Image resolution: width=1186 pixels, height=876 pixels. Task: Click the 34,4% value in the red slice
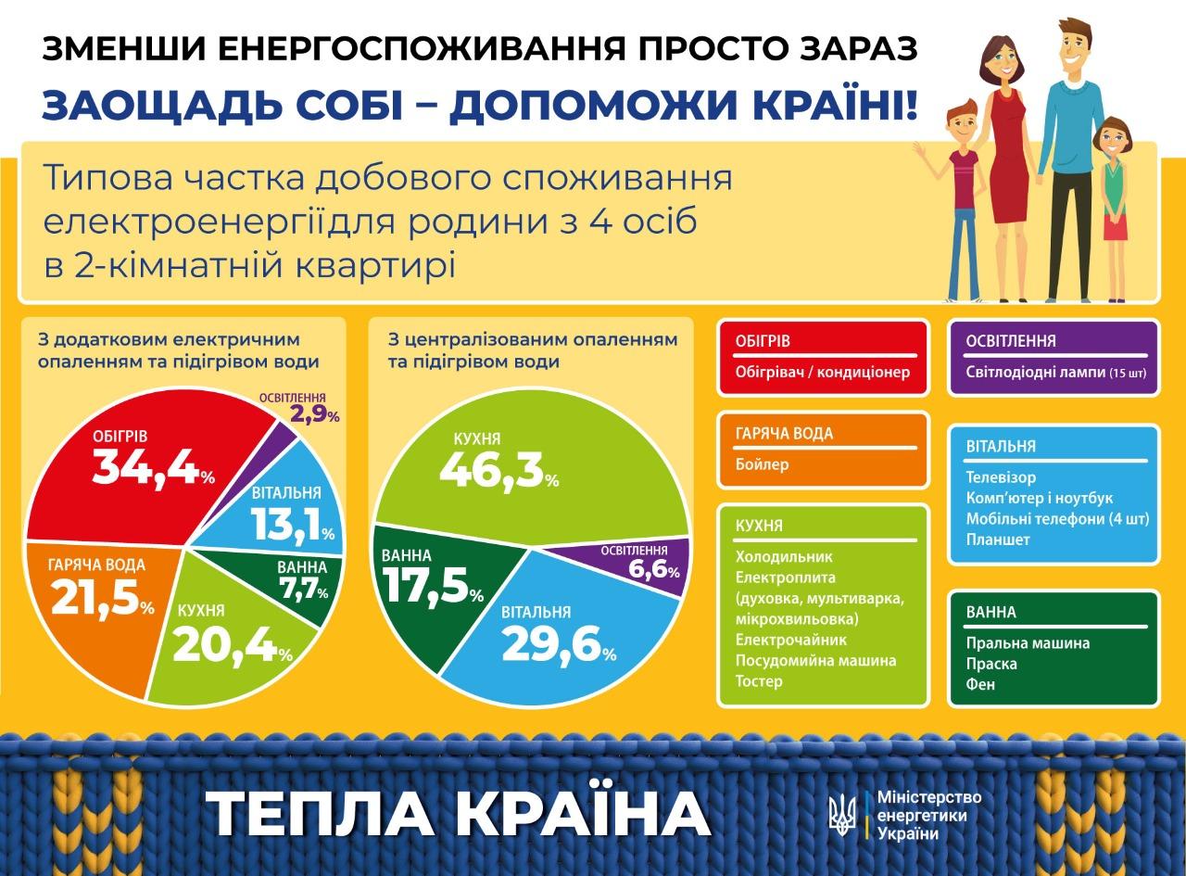point(154,468)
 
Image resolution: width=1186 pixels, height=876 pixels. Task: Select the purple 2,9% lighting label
point(315,413)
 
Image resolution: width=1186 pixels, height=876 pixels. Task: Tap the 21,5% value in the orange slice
point(103,598)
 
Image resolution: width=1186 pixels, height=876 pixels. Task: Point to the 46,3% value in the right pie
point(498,470)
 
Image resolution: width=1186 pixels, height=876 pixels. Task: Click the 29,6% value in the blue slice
point(560,644)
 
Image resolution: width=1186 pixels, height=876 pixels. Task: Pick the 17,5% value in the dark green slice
point(433,587)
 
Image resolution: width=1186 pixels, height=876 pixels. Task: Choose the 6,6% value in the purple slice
point(653,569)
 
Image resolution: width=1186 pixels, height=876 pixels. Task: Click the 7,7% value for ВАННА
point(304,589)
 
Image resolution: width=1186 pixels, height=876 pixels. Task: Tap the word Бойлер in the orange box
point(762,463)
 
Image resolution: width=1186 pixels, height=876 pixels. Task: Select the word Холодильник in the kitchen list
point(784,556)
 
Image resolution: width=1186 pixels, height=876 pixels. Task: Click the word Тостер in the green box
point(759,681)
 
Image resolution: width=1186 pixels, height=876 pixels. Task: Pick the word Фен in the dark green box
point(980,684)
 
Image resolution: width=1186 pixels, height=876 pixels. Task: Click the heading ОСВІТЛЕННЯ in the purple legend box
point(1011,341)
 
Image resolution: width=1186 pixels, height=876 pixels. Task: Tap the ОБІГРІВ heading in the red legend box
point(763,341)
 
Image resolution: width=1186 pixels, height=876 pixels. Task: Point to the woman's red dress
point(1009,155)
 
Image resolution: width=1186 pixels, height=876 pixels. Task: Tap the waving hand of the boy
point(919,150)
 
